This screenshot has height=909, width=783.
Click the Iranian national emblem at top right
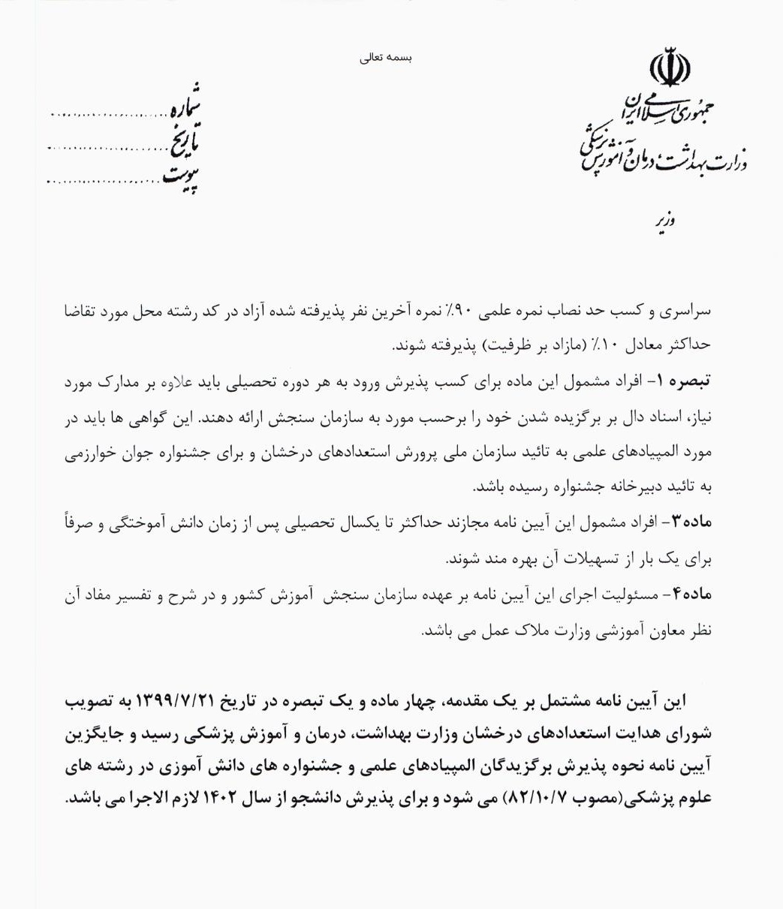click(x=668, y=68)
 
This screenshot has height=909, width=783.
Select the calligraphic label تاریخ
click(x=181, y=145)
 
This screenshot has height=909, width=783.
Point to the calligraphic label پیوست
click(x=181, y=177)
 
